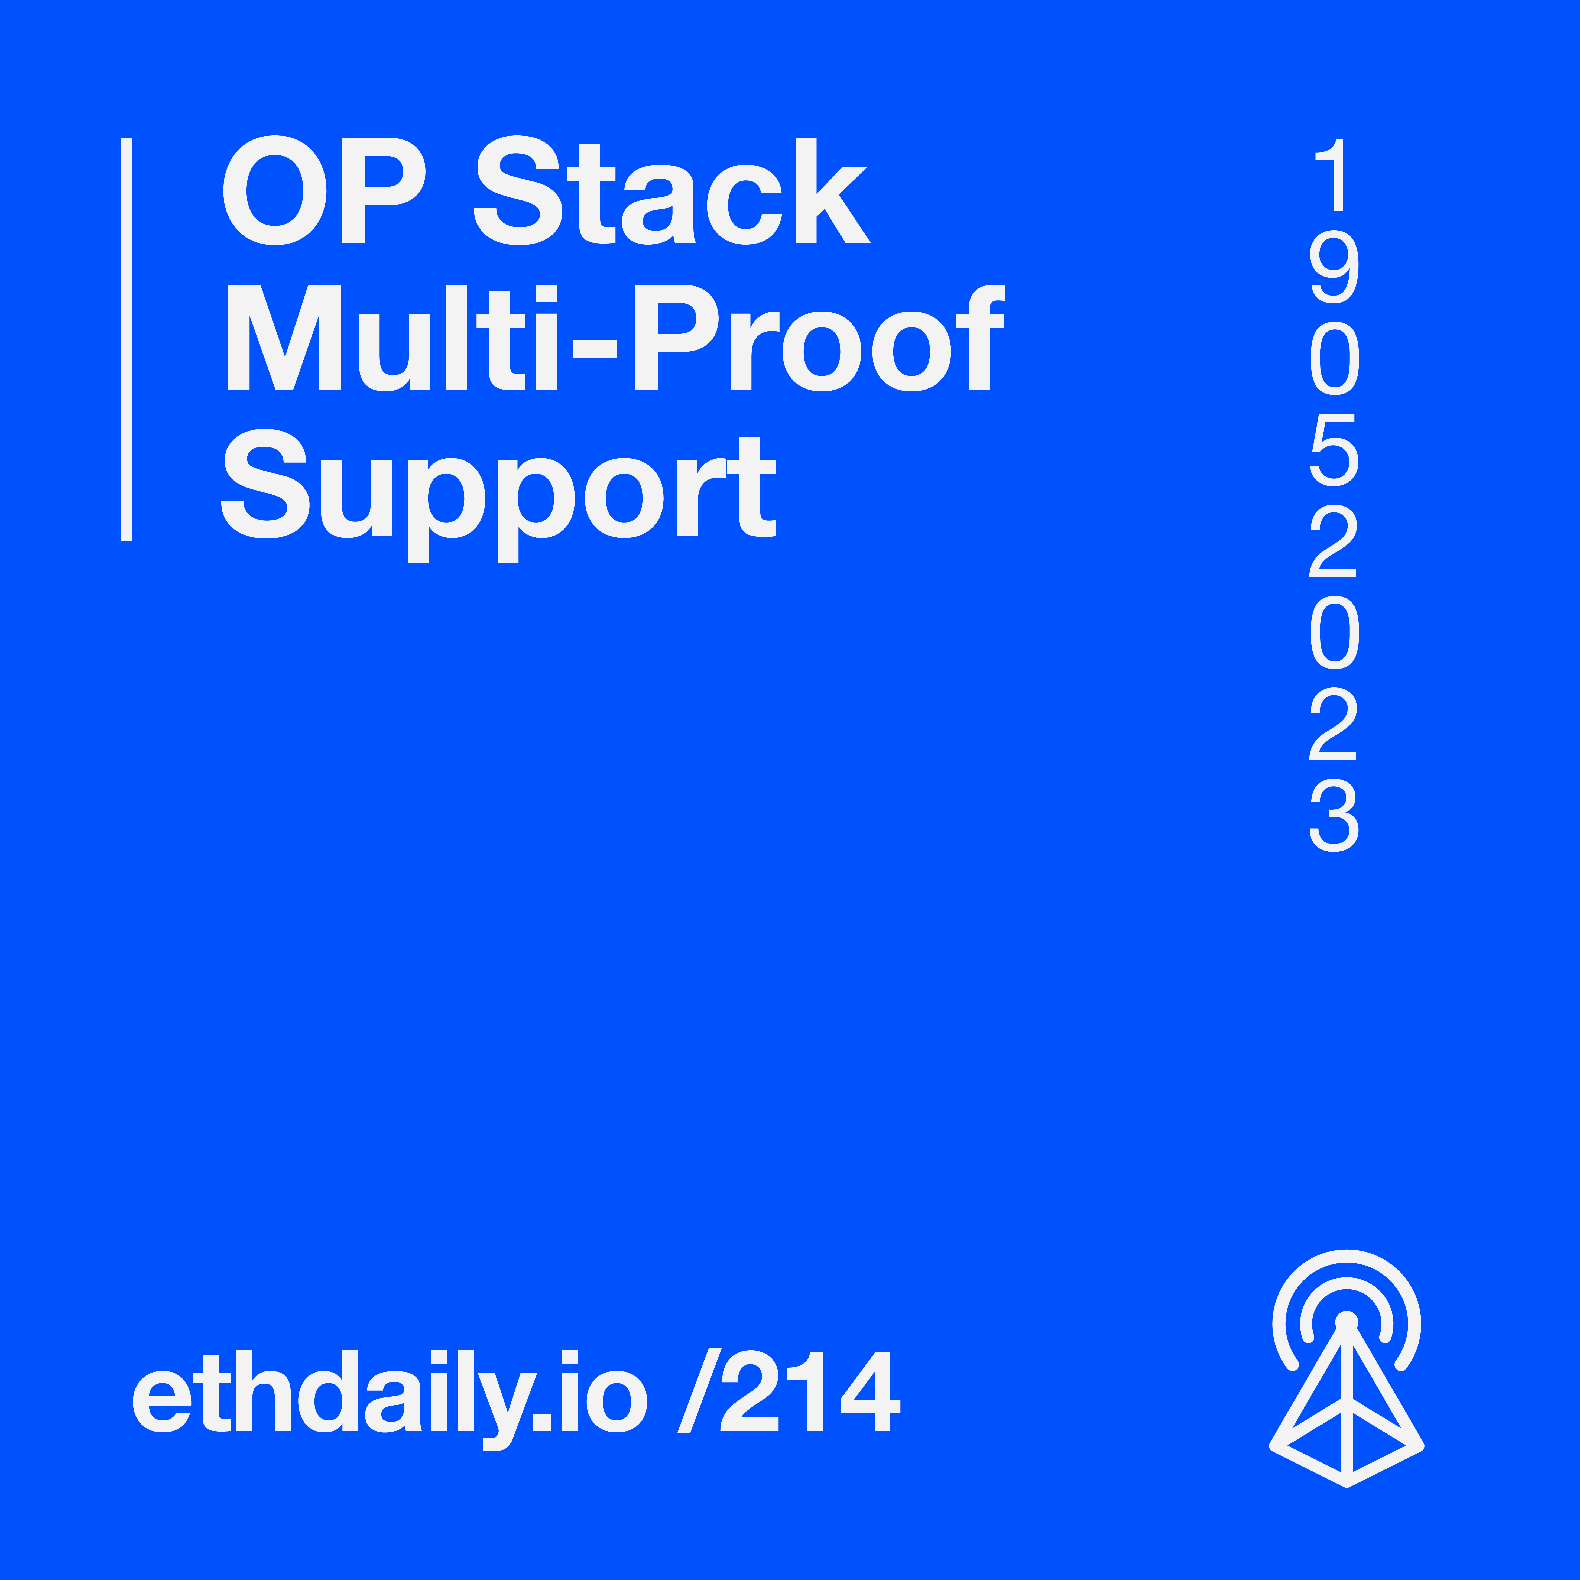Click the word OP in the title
[324, 190]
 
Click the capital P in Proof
[676, 337]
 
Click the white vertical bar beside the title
[127, 339]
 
